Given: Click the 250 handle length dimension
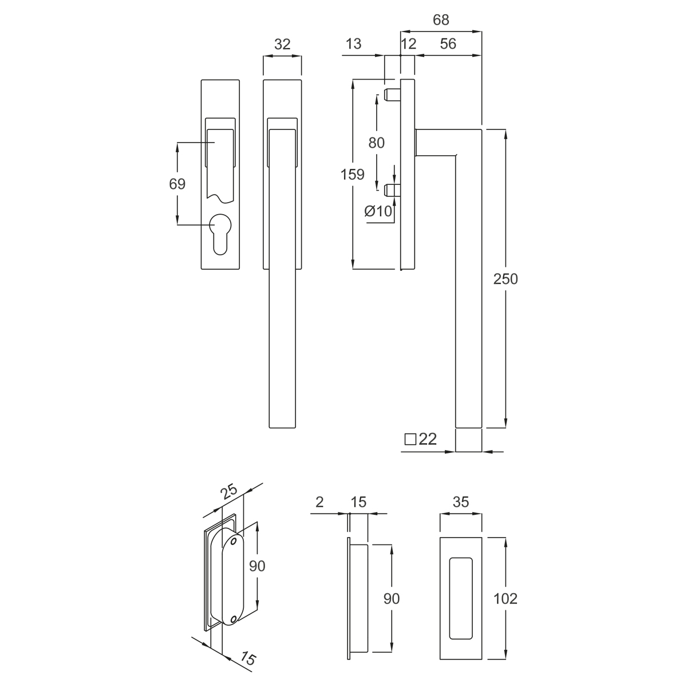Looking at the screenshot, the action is pos(505,279).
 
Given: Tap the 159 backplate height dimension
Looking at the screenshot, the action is pos(352,175).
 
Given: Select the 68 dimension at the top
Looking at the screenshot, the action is pos(441,20).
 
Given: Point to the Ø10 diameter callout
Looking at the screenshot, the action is pos(378,211).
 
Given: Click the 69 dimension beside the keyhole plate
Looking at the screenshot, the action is pos(177,184).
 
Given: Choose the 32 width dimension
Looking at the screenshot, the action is pos(282,44).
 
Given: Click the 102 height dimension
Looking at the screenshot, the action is pos(505,599).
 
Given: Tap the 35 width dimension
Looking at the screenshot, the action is pos(461,502).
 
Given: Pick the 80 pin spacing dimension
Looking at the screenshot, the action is pos(376,143).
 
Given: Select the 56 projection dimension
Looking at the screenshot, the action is pos(448,44).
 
